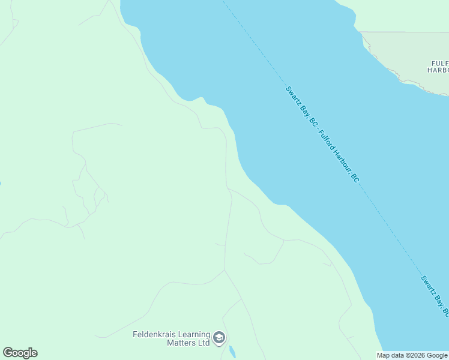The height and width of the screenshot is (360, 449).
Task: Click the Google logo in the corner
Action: pyautogui.click(x=20, y=353)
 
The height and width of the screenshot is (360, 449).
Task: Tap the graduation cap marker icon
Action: pyautogui.click(x=219, y=338)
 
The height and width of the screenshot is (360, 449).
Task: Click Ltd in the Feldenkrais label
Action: pyautogui.click(x=204, y=343)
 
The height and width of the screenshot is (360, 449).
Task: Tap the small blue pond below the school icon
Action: pyautogui.click(x=232, y=352)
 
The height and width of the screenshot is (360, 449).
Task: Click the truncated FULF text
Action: pyautogui.click(x=439, y=63)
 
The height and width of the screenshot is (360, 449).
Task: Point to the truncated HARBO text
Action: pyautogui.click(x=438, y=70)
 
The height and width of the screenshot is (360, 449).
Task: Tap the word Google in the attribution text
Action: pyautogui.click(x=437, y=355)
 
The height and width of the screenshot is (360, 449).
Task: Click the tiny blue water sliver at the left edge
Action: pyautogui.click(x=1, y=183)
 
